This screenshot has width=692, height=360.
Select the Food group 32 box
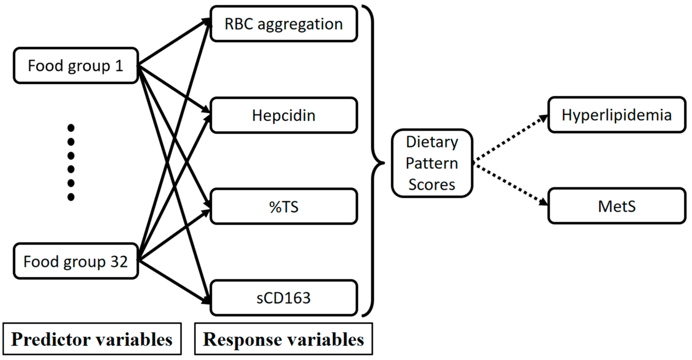(76, 261)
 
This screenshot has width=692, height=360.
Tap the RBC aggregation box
(284, 24)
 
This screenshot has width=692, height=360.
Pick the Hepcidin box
(284, 115)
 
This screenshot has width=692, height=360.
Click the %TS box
(284, 207)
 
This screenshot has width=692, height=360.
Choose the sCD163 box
(284, 298)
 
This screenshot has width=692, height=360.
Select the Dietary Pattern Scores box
(432, 163)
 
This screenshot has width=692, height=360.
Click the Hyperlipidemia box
(617, 115)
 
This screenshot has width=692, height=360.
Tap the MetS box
(617, 206)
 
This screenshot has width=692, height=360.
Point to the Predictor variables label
(92, 339)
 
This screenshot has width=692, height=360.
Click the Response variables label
(284, 339)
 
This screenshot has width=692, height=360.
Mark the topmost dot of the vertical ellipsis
(71, 128)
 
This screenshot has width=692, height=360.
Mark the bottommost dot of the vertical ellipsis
(71, 197)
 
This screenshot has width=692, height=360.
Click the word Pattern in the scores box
(432, 163)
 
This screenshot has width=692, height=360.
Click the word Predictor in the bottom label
(51, 339)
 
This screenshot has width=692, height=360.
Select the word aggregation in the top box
(300, 24)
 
